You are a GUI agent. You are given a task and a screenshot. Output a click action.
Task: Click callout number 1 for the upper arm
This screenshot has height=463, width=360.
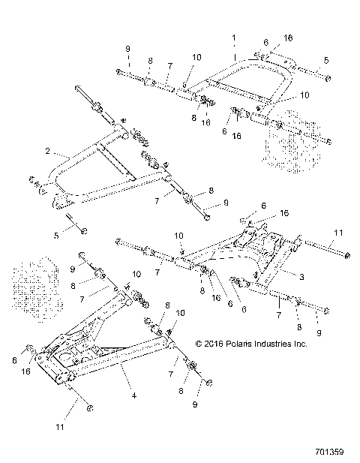coord(234,36)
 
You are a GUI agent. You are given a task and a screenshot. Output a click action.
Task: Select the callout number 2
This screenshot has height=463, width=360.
coord(47,151)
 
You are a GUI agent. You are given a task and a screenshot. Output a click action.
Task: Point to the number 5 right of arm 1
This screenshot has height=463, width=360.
coord(325,59)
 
